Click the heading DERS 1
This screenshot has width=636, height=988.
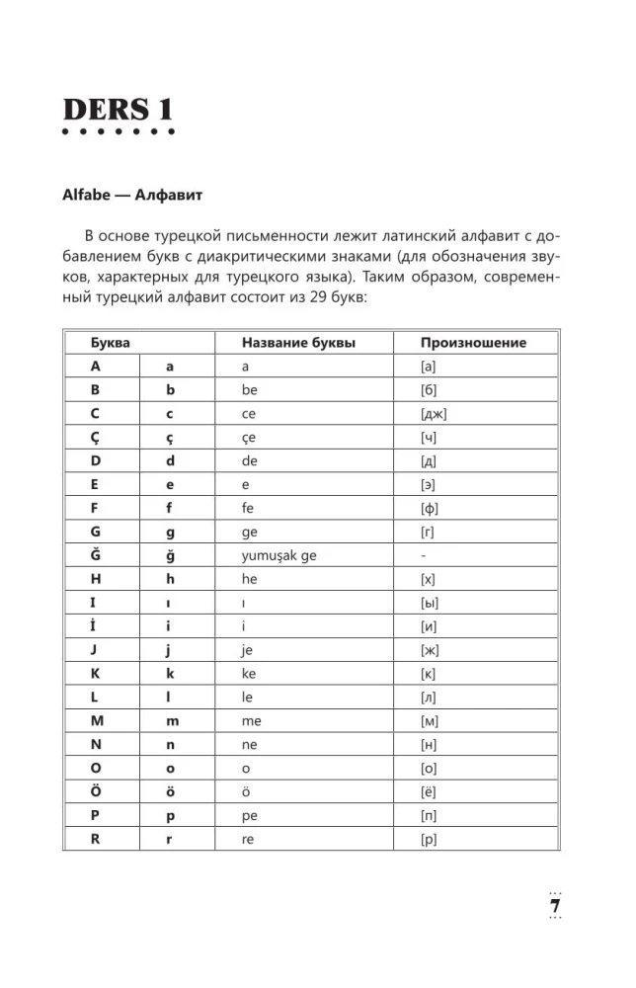[x=118, y=109]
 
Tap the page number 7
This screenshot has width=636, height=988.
[x=554, y=906]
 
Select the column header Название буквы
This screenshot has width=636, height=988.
[x=298, y=343]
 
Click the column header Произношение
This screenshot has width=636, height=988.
[x=473, y=343]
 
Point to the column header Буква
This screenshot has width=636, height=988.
[x=110, y=343]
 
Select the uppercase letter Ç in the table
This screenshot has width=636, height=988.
[x=96, y=438]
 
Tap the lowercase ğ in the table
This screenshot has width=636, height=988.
[x=170, y=556]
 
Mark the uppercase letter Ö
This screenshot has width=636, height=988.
[x=97, y=792]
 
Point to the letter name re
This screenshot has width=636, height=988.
[x=248, y=840]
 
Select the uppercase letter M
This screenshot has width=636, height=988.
[x=97, y=721]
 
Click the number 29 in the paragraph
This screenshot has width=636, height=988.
[x=340, y=302]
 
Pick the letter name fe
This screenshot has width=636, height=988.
[x=248, y=509]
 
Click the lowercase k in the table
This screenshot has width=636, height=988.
[x=170, y=674]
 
